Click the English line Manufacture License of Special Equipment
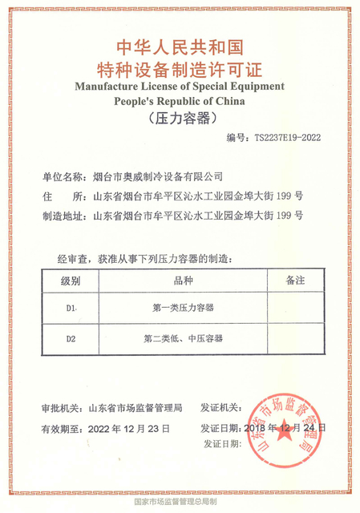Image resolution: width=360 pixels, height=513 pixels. click(180, 86)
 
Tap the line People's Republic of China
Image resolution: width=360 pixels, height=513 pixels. click(180, 101)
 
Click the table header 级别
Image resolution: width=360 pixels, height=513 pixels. click(71, 281)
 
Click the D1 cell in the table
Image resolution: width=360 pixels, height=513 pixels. click(71, 308)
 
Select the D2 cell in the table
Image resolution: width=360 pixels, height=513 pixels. click(71, 339)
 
